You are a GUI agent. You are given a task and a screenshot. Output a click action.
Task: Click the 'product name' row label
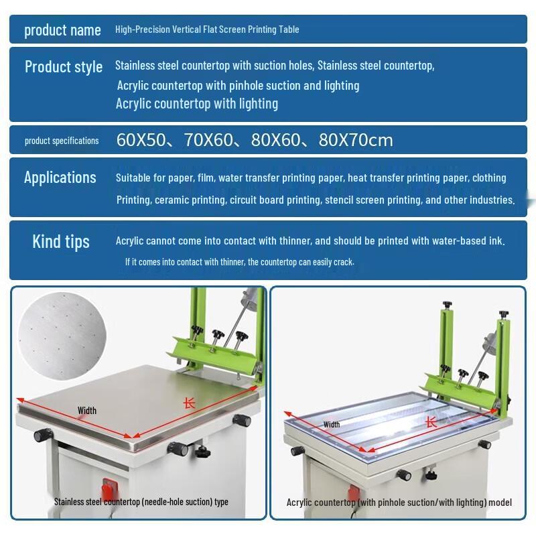click(62, 30)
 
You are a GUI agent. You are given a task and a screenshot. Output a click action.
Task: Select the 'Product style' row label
click(64, 67)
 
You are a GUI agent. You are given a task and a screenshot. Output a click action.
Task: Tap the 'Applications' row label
click(60, 178)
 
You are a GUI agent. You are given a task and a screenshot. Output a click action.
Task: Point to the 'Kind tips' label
click(60, 242)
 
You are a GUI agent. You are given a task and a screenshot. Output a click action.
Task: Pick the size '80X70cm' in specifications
click(356, 141)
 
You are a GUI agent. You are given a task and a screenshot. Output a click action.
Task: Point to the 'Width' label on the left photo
click(87, 411)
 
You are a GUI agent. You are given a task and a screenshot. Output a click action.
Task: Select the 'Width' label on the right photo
click(332, 425)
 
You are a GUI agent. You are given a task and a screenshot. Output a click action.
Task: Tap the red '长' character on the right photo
click(431, 423)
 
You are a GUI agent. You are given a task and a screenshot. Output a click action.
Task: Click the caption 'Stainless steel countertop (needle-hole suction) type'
click(141, 501)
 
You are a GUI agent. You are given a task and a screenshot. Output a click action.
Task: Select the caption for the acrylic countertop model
click(399, 502)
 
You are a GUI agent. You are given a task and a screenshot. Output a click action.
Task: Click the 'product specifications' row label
click(62, 141)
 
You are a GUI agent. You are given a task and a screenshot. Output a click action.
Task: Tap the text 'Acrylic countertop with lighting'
click(196, 104)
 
